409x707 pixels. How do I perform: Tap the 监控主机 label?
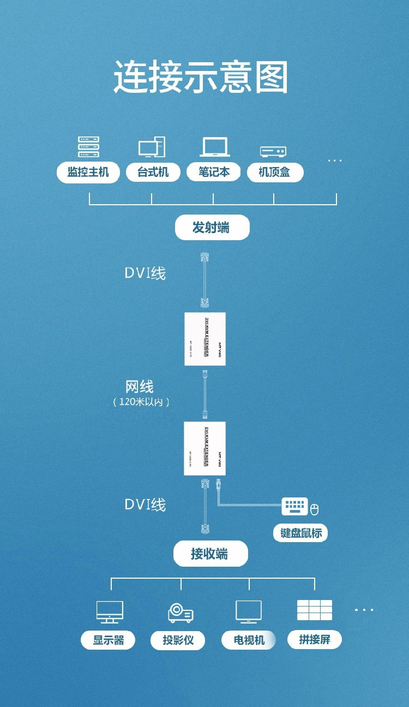[88, 173]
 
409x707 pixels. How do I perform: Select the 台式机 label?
[153, 173]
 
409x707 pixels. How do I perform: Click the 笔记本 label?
[214, 173]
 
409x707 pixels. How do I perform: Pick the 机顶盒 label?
[274, 173]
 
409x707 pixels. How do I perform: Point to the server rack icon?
[88, 147]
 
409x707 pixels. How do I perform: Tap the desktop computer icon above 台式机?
[152, 147]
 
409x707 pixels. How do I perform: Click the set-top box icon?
[273, 151]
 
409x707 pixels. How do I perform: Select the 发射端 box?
[212, 228]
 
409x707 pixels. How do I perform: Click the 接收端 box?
[210, 555]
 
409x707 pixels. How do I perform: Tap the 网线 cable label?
[140, 387]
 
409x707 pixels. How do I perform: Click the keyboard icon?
[294, 506]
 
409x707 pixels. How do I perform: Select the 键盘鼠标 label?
[301, 533]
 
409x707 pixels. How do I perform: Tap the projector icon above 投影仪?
[180, 613]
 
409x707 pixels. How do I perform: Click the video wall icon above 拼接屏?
[315, 610]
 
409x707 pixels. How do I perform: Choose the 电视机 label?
[249, 640]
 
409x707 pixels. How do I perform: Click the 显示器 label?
[108, 640]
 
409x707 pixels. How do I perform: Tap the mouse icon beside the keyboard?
[314, 510]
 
